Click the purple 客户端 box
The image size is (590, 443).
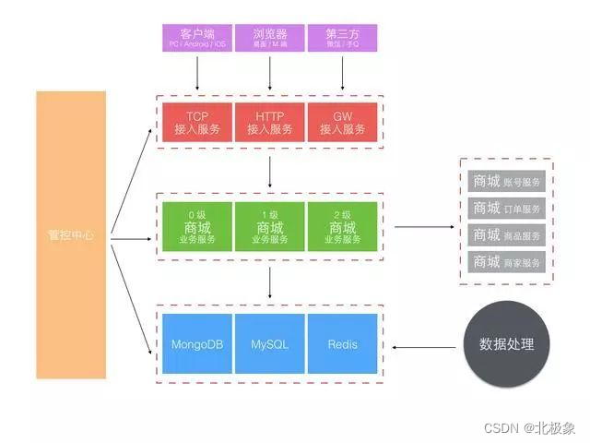[x=196, y=38]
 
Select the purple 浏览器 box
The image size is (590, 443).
[x=269, y=38]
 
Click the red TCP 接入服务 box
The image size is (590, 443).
[x=196, y=123]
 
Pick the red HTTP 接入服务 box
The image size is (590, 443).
[x=269, y=123]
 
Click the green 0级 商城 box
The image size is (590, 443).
[x=196, y=227]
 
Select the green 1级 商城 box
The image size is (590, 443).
[x=269, y=227]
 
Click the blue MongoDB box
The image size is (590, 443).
[x=196, y=344]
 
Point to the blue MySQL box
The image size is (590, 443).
[x=269, y=344]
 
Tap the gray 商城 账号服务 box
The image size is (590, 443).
[x=507, y=181]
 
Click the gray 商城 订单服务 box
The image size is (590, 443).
[x=507, y=208]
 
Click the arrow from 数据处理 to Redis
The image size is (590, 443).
[x=425, y=347]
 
